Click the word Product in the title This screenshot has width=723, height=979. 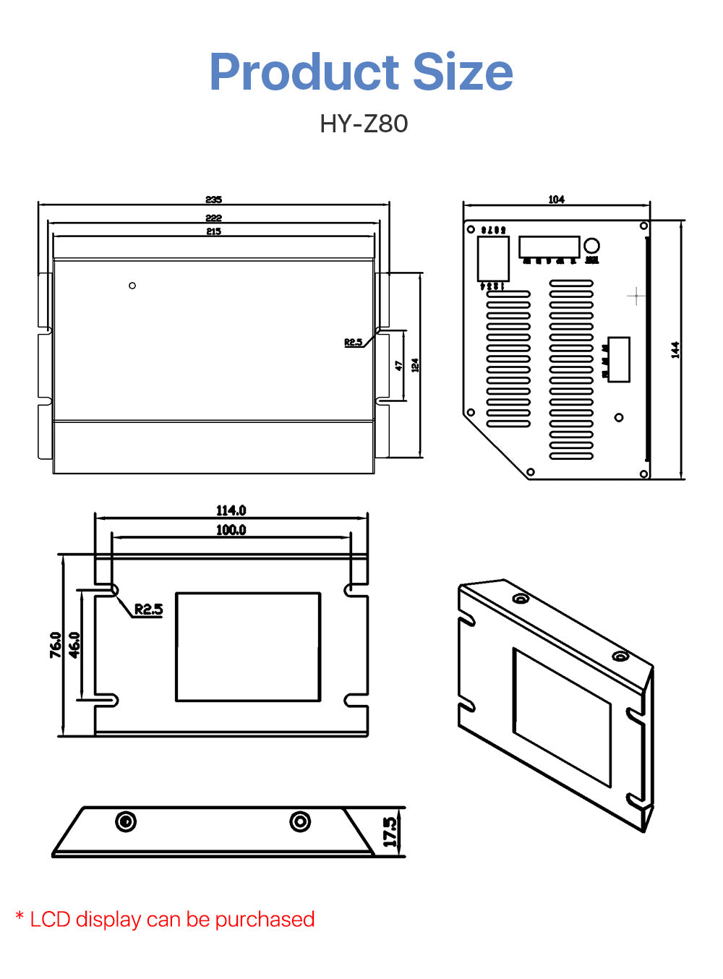pyautogui.click(x=304, y=72)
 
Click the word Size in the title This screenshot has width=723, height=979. pyautogui.click(x=462, y=72)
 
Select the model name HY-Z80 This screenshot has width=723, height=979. pyautogui.click(x=364, y=124)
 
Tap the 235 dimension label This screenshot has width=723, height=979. pyautogui.click(x=213, y=200)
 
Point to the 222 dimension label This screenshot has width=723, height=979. pyautogui.click(x=213, y=218)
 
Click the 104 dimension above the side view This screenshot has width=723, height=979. pyautogui.click(x=556, y=200)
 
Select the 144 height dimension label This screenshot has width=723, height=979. pyautogui.click(x=675, y=350)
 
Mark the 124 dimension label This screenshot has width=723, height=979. pyautogui.click(x=415, y=365)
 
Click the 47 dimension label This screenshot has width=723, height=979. pyautogui.click(x=398, y=366)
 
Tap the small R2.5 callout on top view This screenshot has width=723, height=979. pyautogui.click(x=353, y=342)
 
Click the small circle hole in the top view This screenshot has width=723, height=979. pyautogui.click(x=132, y=286)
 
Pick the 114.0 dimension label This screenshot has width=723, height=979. pyautogui.click(x=231, y=510)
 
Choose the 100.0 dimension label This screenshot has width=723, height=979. pyautogui.click(x=231, y=530)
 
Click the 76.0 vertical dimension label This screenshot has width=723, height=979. pyautogui.click(x=56, y=645)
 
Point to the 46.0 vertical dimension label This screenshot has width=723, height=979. pyautogui.click(x=74, y=645)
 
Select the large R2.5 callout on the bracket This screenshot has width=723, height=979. pyautogui.click(x=148, y=610)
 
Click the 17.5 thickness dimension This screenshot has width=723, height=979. pyautogui.click(x=390, y=832)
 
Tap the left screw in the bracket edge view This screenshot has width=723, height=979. pyautogui.click(x=126, y=821)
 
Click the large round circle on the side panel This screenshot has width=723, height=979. pyautogui.click(x=591, y=246)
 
